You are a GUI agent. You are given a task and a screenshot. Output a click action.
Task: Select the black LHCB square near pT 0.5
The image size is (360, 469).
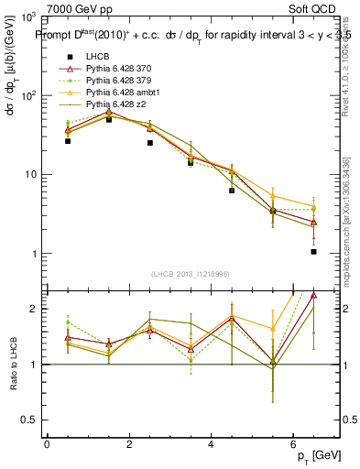[x=68, y=141]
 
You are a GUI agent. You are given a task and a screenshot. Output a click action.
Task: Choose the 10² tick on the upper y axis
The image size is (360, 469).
[x=26, y=95]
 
